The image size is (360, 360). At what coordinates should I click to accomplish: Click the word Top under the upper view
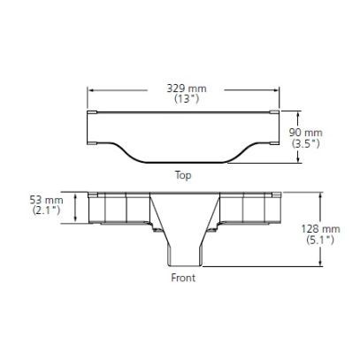(183, 174)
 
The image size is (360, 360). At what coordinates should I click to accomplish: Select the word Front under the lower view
(183, 277)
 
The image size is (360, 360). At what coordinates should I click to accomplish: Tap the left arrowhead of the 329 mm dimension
(90, 89)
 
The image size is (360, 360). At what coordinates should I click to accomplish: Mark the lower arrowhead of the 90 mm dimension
(295, 161)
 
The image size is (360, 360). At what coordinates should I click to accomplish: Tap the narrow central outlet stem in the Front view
(183, 252)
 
